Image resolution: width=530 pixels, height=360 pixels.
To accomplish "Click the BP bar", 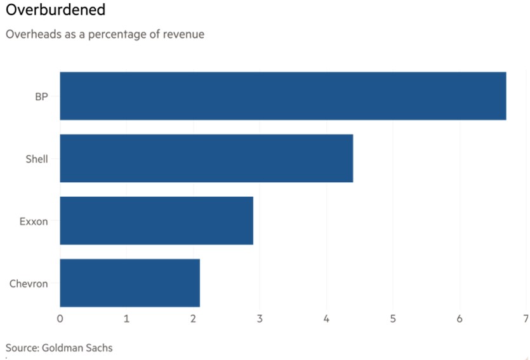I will [x=282, y=96].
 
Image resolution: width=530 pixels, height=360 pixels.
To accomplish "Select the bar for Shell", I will [x=206, y=158].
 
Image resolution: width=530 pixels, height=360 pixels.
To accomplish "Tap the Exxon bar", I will [x=156, y=220].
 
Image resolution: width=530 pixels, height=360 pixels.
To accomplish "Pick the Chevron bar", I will [x=129, y=283].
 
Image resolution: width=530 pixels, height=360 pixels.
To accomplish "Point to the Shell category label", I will [x=36, y=159].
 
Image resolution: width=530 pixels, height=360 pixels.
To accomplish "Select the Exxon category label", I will [x=34, y=221].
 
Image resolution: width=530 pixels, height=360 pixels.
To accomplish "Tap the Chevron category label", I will [x=29, y=283].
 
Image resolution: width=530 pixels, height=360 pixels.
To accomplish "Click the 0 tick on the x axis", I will [x=60, y=318].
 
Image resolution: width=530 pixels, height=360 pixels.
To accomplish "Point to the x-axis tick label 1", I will [x=126, y=318].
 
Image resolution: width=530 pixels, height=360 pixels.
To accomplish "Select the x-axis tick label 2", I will [x=193, y=318].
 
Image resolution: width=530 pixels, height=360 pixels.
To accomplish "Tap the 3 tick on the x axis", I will [x=260, y=318].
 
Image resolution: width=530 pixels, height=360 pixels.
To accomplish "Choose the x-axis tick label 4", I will [x=326, y=318].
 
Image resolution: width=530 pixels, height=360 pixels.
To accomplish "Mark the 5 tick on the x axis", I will [x=393, y=318].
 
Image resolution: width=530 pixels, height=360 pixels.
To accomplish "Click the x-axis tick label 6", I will [x=460, y=318].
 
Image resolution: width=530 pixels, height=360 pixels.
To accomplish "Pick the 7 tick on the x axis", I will [x=526, y=318].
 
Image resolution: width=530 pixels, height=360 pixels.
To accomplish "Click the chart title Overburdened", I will [x=55, y=11].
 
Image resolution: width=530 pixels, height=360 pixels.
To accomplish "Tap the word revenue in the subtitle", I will [x=182, y=34].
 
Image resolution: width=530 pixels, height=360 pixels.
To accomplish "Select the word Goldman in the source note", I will [x=66, y=348].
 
